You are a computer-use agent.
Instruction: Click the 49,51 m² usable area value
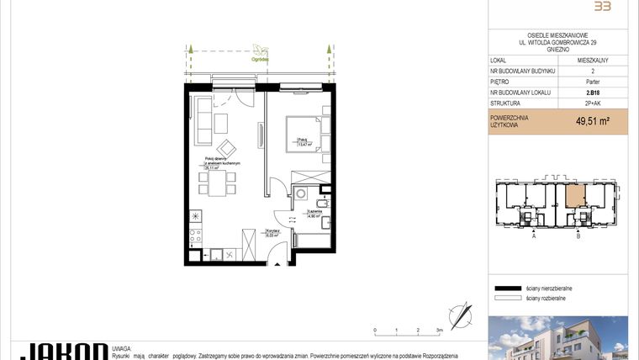click(592, 121)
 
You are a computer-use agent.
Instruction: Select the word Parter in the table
click(593, 82)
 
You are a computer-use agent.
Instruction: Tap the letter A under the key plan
click(533, 237)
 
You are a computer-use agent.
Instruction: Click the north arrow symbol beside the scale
click(460, 317)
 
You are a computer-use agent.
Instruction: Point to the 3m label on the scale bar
click(439, 331)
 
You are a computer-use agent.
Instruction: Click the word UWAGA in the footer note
click(121, 346)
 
